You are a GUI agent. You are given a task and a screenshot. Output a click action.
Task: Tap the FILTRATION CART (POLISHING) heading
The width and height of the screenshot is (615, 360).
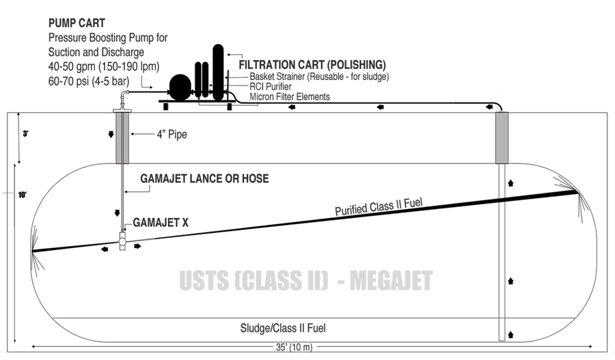click(312, 64)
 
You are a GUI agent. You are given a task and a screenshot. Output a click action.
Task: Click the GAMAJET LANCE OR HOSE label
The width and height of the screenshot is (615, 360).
click(204, 179)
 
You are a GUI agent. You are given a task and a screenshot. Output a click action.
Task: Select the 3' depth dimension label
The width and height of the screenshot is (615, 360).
click(25, 134)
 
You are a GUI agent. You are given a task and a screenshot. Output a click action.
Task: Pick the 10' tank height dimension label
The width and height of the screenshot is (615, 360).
click(23, 195)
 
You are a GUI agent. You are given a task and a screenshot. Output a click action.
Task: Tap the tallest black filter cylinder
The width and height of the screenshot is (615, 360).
click(218, 72)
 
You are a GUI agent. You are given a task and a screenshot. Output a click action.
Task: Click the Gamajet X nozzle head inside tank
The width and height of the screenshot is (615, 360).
click(122, 240)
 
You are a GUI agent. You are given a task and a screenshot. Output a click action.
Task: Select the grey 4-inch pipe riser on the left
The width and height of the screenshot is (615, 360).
click(122, 137)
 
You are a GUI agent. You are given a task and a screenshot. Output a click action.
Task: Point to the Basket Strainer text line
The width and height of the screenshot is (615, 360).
click(319, 77)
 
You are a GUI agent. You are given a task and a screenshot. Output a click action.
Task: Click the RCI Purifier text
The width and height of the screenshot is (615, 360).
click(271, 87)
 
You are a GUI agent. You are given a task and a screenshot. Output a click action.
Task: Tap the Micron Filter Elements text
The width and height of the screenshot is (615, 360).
click(290, 97)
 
